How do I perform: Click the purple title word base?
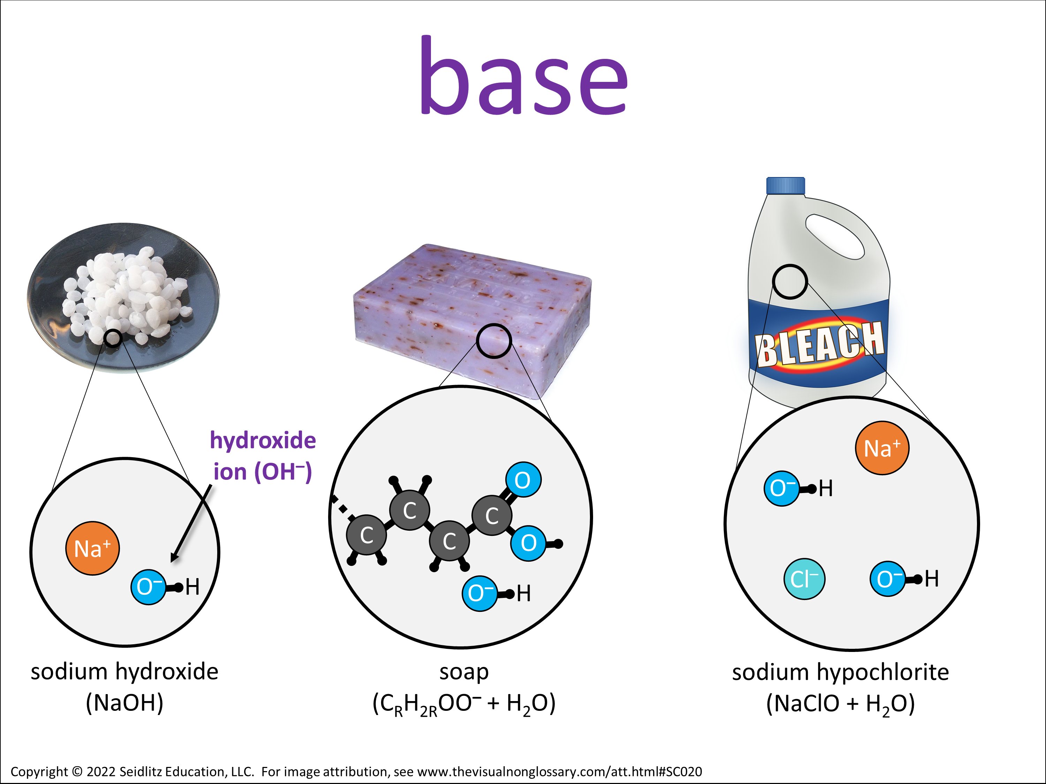coord(524,76)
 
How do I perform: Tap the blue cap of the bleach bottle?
coord(786,186)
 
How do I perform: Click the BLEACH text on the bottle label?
coord(819,344)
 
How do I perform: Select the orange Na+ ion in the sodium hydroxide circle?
coord(93,548)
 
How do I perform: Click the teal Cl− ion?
coord(804,579)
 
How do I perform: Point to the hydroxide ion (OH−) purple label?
coord(263,456)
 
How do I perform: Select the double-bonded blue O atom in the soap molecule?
coord(523,480)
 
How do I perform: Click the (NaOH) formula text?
coord(124,703)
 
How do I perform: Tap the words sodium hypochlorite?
coord(840,672)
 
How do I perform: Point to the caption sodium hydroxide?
coord(124,671)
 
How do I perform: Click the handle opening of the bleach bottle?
coord(835,236)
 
